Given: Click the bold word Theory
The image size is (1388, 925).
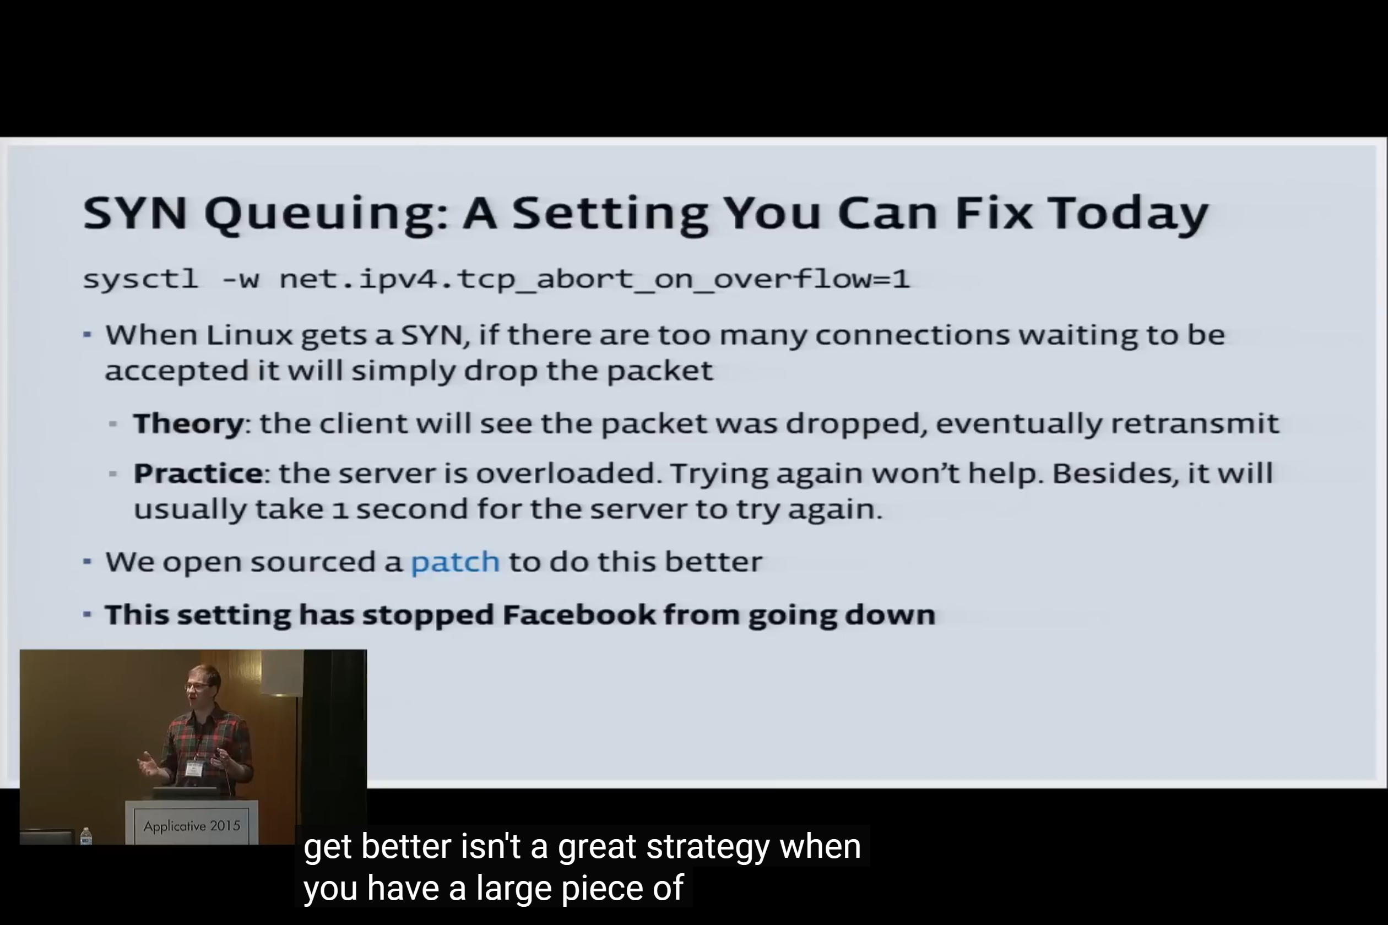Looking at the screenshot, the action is (188, 424).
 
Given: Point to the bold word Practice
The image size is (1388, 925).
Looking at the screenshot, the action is (198, 473).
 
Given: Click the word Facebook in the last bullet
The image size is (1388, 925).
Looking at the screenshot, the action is (578, 614).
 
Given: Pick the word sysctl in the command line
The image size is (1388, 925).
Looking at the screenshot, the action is (140, 279).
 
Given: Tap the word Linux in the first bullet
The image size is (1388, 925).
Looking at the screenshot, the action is (249, 335).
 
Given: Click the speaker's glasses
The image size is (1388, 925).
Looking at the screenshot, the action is (197, 685).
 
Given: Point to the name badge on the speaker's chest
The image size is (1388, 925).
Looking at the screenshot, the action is (194, 768).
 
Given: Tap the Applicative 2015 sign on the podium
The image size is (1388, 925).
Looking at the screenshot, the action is (192, 826).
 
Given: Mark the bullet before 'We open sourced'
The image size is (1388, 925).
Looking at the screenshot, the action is (88, 561).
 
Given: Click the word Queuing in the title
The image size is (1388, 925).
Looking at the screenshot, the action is (326, 215).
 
